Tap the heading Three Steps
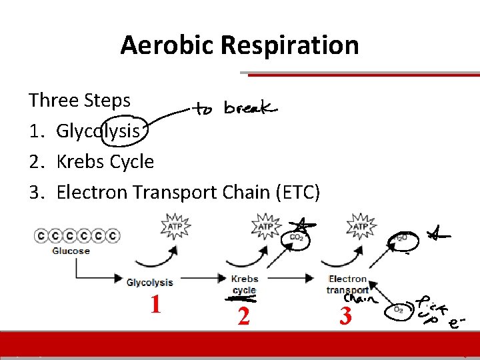tap(79, 101)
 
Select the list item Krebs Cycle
tap(105, 162)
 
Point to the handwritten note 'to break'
tap(235, 108)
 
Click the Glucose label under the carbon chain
tap(71, 251)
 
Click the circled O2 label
tap(400, 309)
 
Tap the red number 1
tap(155, 305)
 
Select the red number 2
tap(243, 315)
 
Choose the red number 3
tap(345, 315)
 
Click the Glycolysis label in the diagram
tap(150, 283)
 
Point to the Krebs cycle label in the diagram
tap(244, 285)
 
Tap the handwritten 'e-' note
tap(455, 324)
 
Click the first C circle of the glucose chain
tap(41, 235)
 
